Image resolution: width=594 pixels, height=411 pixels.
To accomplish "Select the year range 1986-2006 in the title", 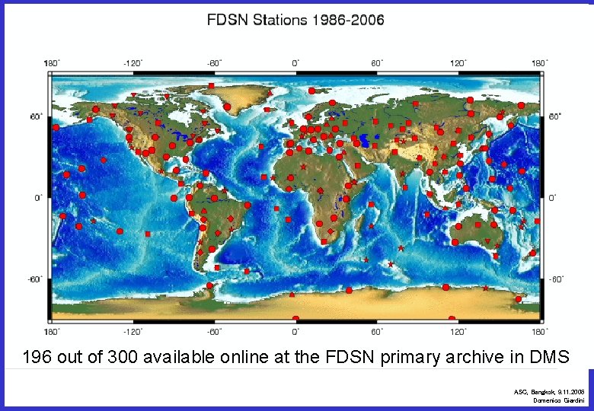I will pyautogui.click(x=348, y=21).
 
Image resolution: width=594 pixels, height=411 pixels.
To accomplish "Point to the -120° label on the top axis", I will pyautogui.click(x=133, y=63).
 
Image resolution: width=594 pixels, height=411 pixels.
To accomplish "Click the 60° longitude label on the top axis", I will pyautogui.click(x=376, y=63).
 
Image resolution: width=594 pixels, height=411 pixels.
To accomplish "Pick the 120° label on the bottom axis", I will pyautogui.click(x=458, y=331).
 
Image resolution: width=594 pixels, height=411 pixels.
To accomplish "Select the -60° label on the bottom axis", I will pyautogui.click(x=213, y=331).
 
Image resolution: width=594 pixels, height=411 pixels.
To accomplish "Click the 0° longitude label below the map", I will pyautogui.click(x=296, y=331).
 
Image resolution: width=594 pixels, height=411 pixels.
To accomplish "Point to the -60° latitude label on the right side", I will pyautogui.click(x=557, y=279).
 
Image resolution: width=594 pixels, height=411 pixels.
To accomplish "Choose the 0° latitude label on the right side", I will pyautogui.click(x=554, y=198).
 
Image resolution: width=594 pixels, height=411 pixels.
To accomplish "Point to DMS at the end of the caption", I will pyautogui.click(x=551, y=356).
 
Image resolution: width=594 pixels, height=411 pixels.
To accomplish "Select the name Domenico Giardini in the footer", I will pyautogui.click(x=558, y=400).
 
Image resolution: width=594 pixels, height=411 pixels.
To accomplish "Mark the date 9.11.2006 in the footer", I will pyautogui.click(x=571, y=391).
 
